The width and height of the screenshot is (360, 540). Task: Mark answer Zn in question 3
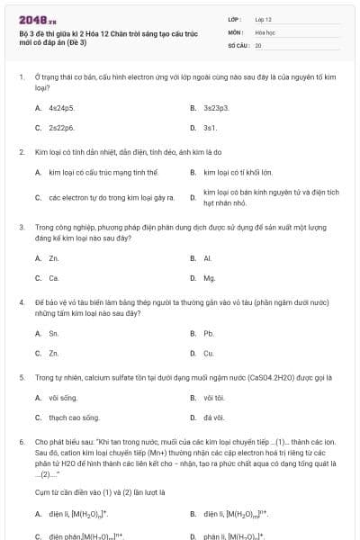54,258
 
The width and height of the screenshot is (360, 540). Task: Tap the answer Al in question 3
208,258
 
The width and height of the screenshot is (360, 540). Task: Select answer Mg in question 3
210,278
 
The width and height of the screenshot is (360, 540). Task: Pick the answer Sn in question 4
54,333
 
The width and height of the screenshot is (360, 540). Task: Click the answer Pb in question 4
209,333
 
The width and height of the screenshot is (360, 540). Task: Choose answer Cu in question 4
209,354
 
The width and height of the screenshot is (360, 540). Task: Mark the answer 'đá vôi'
213,418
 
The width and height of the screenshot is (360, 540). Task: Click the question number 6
21,443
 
